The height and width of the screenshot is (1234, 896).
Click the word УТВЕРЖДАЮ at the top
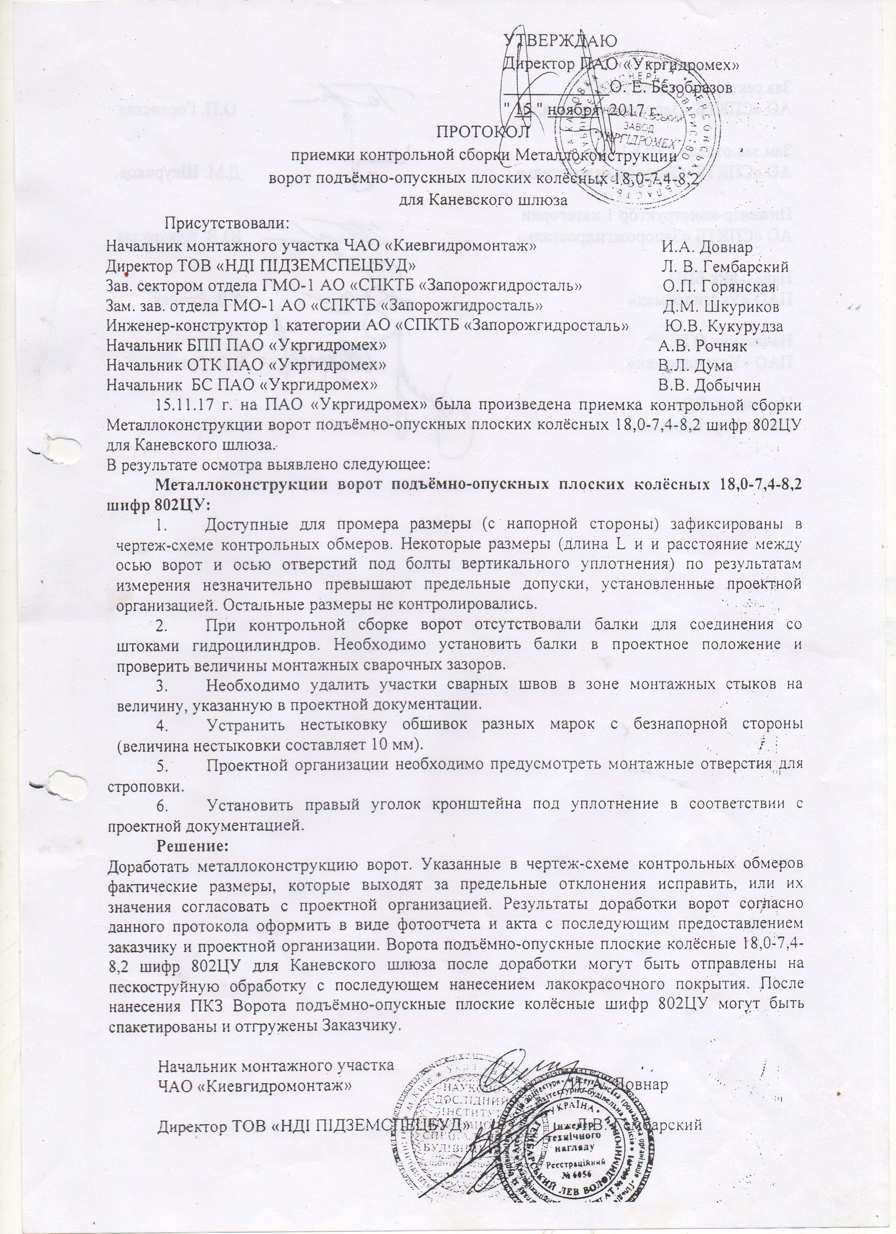click(560, 41)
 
